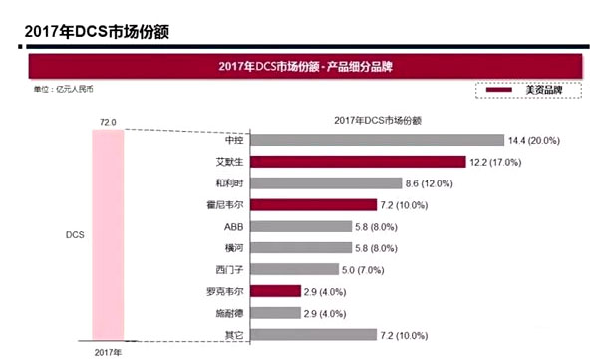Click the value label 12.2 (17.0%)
point(501,162)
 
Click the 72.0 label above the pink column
point(108,122)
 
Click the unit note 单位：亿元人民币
point(64,90)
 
